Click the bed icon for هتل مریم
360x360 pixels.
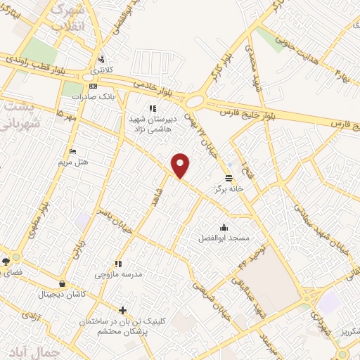coord(72,151)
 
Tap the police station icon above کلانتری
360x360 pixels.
coord(103,59)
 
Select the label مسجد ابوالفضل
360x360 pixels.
coord(224,238)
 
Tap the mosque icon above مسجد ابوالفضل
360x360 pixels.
coord(224,227)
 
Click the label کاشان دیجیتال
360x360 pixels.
coord(63,293)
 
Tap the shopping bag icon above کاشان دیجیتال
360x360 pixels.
coord(63,283)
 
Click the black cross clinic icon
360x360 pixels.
coord(124,309)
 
